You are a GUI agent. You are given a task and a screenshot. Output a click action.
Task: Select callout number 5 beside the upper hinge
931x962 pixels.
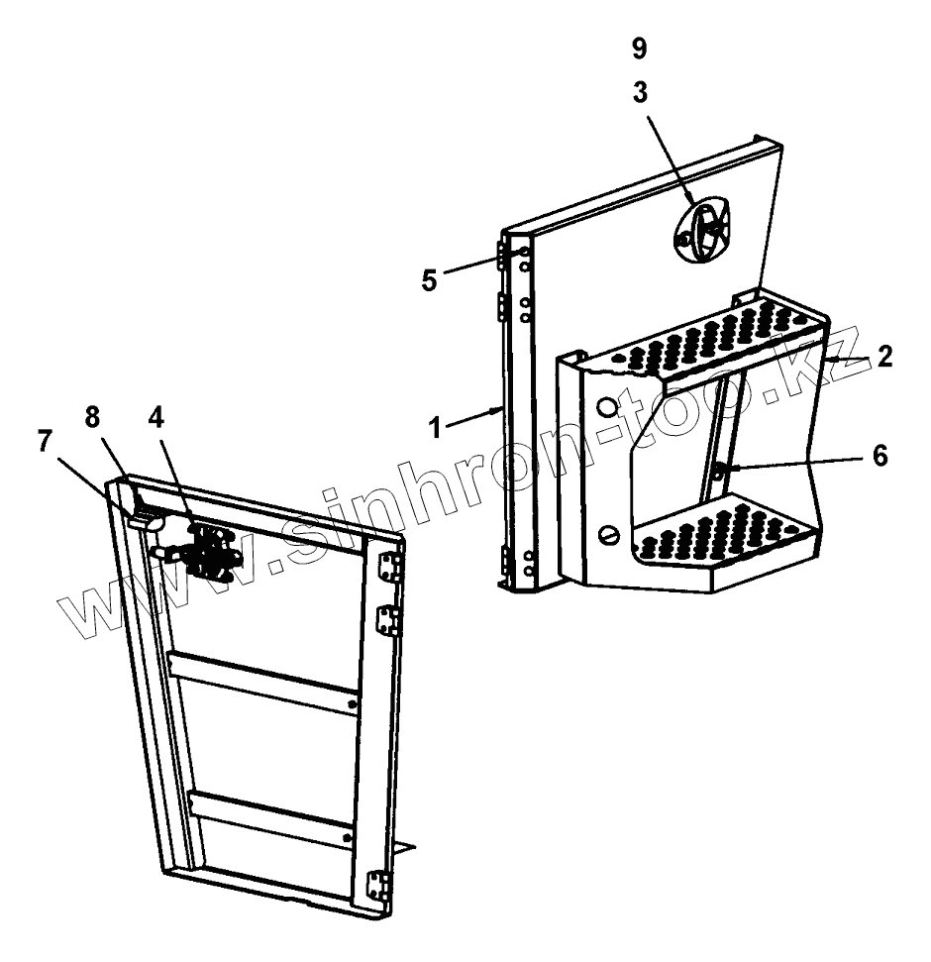pyautogui.click(x=429, y=280)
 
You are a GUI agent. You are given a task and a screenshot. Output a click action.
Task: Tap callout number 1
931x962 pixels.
pyautogui.click(x=435, y=429)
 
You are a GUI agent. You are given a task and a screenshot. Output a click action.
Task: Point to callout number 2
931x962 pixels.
pyautogui.click(x=883, y=357)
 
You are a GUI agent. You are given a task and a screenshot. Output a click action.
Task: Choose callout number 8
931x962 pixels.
pyautogui.click(x=92, y=416)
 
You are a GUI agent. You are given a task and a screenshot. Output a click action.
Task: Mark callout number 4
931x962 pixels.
pyautogui.click(x=156, y=416)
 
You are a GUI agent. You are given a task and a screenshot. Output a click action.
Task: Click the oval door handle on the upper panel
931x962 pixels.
pyautogui.click(x=703, y=232)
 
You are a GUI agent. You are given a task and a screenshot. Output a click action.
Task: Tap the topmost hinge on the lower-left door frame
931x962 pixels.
pyautogui.click(x=392, y=568)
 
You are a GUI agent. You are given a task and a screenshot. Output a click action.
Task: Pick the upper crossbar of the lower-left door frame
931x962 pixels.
pyautogui.click(x=262, y=682)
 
